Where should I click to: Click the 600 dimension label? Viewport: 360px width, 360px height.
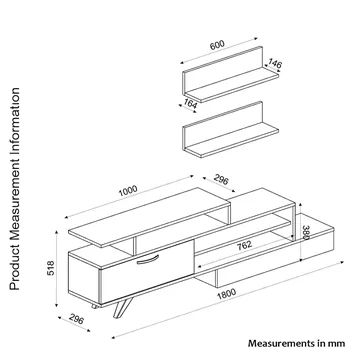click(x=217, y=45)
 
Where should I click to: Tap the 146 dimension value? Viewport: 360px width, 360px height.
click(x=275, y=63)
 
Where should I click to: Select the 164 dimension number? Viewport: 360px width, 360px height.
click(x=190, y=104)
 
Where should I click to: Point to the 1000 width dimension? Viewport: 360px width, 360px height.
click(x=128, y=191)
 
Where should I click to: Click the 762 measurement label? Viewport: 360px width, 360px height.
click(x=244, y=245)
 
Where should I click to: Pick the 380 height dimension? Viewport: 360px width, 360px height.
click(x=306, y=232)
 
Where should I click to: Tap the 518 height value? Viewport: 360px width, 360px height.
click(x=51, y=268)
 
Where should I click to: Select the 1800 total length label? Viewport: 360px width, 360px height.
click(x=227, y=294)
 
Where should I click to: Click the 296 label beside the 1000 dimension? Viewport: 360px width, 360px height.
click(x=221, y=180)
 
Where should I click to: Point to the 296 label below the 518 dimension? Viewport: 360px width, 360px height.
click(x=76, y=319)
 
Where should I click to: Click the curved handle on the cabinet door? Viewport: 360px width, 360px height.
click(x=148, y=259)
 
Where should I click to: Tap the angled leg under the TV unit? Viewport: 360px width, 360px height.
click(x=123, y=307)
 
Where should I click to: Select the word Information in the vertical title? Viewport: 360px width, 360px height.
click(x=15, y=119)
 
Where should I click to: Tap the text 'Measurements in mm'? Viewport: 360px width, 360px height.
click(x=296, y=343)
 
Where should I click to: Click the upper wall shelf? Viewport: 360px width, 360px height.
click(x=230, y=75)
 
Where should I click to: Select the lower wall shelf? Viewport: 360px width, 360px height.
click(x=230, y=130)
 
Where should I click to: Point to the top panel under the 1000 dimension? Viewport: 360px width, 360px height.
click(x=149, y=217)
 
